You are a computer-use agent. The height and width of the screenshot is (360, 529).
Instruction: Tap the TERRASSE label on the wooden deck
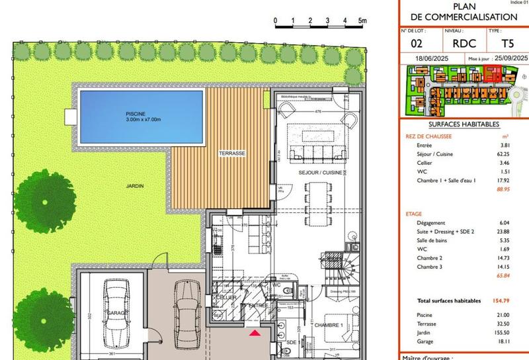click(x=232, y=153)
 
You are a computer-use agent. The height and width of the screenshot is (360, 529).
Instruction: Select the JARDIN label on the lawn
click(x=134, y=186)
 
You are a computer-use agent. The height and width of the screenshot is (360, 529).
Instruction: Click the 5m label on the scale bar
click(x=362, y=21)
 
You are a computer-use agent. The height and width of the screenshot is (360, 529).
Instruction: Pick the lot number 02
click(x=417, y=44)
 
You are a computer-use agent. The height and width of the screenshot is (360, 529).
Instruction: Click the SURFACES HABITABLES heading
click(x=464, y=124)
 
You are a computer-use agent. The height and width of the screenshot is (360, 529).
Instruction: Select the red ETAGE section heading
click(x=414, y=214)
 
